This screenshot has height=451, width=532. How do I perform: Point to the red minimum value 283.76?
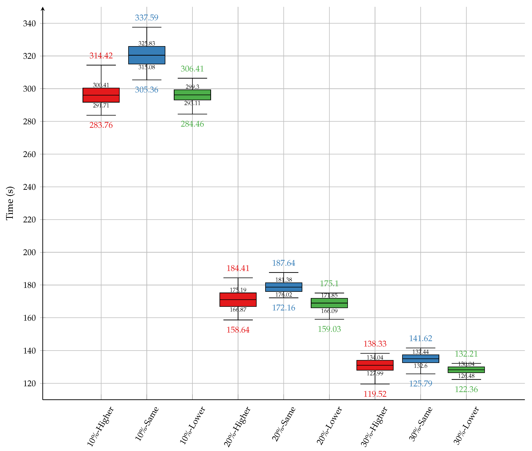[101, 125]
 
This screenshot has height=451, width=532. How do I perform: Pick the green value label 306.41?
[192, 69]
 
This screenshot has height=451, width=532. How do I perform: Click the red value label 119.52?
[375, 394]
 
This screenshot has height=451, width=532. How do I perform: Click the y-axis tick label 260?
[29, 154]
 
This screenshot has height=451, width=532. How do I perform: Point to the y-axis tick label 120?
[29, 383]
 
